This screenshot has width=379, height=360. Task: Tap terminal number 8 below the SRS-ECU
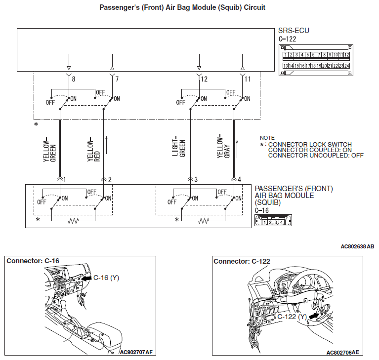click(73, 79)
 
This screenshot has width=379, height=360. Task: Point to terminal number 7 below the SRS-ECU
click(117, 79)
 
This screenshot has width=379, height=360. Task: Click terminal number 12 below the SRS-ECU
click(205, 79)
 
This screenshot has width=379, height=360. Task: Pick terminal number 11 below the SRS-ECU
click(248, 79)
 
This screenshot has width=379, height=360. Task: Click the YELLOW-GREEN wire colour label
click(49, 149)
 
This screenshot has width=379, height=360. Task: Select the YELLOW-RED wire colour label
click(93, 150)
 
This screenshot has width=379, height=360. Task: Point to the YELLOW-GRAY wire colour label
click(223, 147)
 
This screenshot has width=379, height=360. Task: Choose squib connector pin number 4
click(239, 179)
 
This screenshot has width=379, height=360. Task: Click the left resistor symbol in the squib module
click(74, 222)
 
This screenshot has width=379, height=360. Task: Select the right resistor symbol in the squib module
click(204, 222)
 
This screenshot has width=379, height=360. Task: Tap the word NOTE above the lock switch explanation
click(267, 138)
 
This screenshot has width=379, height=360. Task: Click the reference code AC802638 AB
click(357, 246)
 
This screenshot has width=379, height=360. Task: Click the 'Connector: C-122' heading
click(242, 261)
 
